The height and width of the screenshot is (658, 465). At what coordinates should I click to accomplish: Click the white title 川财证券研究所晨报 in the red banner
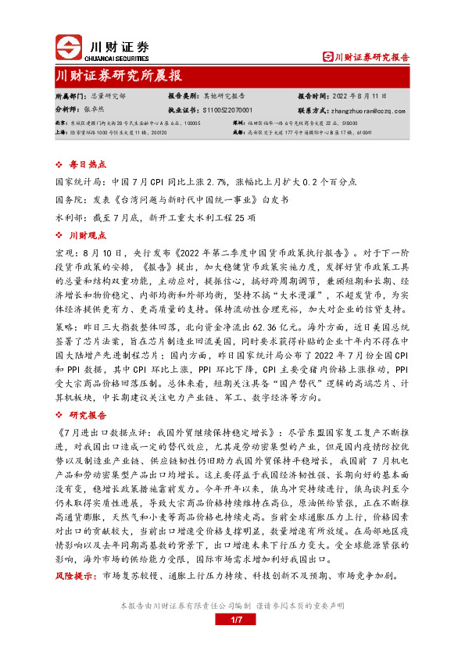[118, 76]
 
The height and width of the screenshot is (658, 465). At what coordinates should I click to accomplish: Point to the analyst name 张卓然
[95, 111]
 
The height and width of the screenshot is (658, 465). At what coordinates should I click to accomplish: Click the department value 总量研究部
[108, 97]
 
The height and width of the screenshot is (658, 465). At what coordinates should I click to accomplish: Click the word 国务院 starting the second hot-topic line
[67, 199]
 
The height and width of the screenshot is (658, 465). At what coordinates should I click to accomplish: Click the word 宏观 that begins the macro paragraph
[63, 253]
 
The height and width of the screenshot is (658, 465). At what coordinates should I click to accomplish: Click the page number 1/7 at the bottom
[232, 620]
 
